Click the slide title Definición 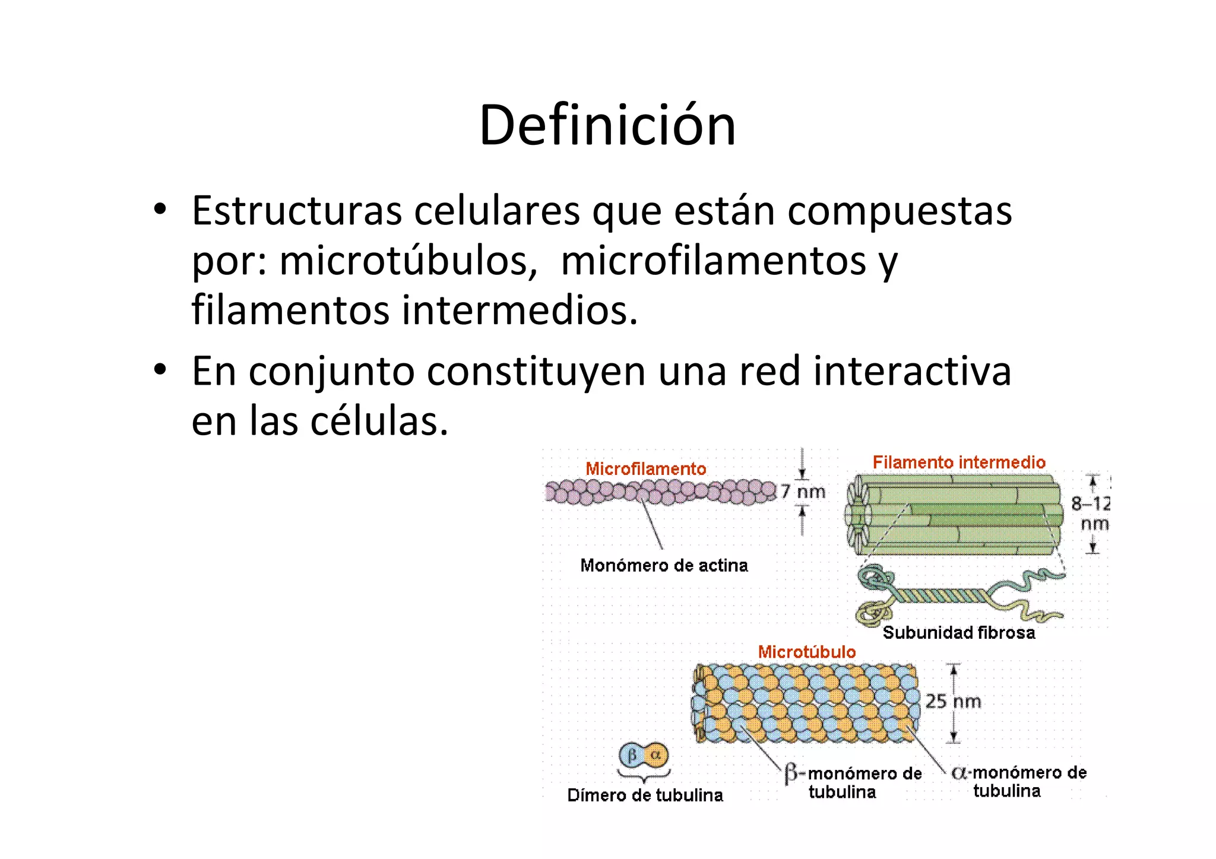point(607,125)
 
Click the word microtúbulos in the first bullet point(403,261)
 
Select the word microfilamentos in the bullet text point(713,261)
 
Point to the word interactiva point(912,372)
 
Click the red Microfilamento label point(646,469)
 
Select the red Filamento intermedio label point(959,462)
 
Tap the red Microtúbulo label point(807,652)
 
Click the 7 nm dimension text point(803,492)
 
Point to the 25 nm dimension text point(953,702)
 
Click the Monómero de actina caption point(664,565)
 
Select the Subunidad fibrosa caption point(958,633)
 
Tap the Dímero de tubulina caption point(645,795)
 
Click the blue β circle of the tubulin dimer point(631,755)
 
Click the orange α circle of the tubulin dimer point(656,755)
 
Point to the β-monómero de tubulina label point(853,782)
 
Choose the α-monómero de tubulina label point(1019,781)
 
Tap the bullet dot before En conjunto point(159,370)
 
